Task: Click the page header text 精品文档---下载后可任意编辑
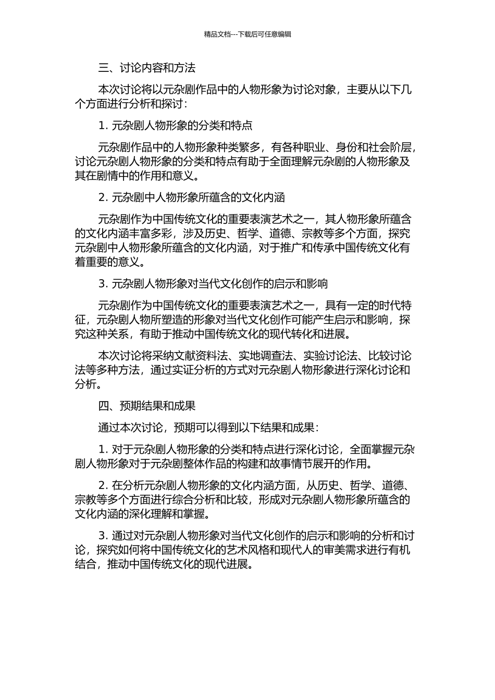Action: (247, 34)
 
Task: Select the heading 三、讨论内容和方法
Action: (146, 68)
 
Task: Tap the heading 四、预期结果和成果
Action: (146, 406)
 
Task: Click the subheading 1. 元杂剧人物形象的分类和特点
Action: (175, 126)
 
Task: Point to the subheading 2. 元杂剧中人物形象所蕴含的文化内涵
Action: (191, 197)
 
